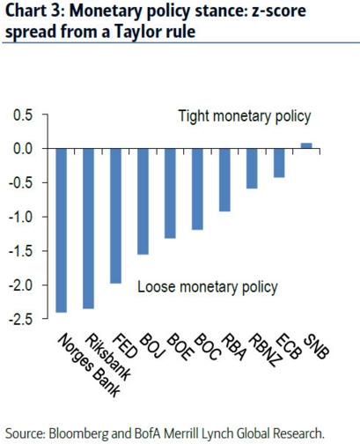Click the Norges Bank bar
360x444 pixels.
click(x=62, y=231)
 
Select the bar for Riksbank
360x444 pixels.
click(x=89, y=229)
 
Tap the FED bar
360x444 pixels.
click(x=116, y=216)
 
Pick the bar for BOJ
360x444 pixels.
click(x=143, y=202)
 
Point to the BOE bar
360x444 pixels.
click(x=170, y=194)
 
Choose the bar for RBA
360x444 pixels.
click(x=224, y=180)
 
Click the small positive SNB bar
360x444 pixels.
click(x=306, y=145)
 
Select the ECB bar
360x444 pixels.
click(x=279, y=163)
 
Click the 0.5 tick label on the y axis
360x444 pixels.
click(x=23, y=115)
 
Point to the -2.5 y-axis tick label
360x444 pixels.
click(x=21, y=320)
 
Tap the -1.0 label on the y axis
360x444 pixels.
click(x=21, y=218)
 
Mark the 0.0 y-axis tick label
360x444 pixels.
click(x=23, y=149)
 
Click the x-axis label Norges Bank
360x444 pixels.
click(x=89, y=366)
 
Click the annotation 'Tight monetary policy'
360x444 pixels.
click(x=245, y=116)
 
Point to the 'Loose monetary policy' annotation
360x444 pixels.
click(x=208, y=287)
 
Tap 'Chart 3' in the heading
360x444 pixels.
click(x=33, y=11)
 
